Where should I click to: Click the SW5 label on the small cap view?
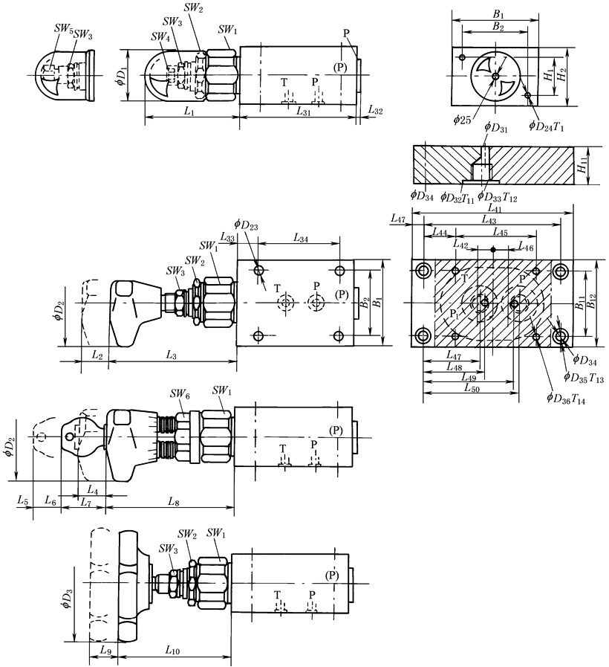click(63, 28)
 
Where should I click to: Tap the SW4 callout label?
click(160, 37)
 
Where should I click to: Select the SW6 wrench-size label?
click(180, 394)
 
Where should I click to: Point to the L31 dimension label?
click(303, 112)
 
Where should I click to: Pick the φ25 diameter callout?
click(462, 120)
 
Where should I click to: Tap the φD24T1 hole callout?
click(546, 126)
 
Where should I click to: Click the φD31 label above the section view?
click(496, 128)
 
